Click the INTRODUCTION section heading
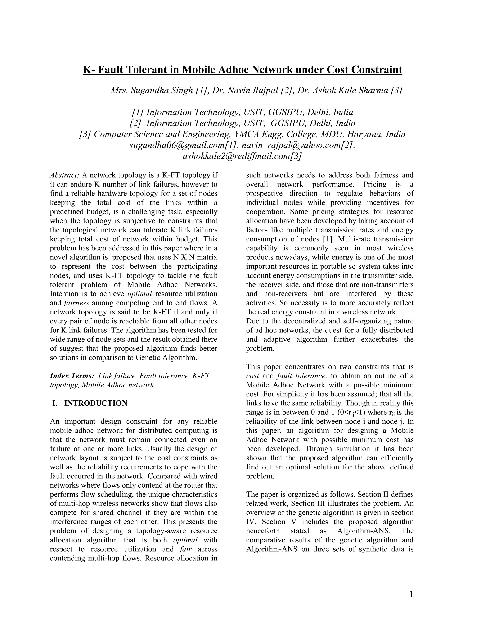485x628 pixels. click(96, 403)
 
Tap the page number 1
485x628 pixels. click(411, 594)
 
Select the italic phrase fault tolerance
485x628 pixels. click(301, 376)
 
